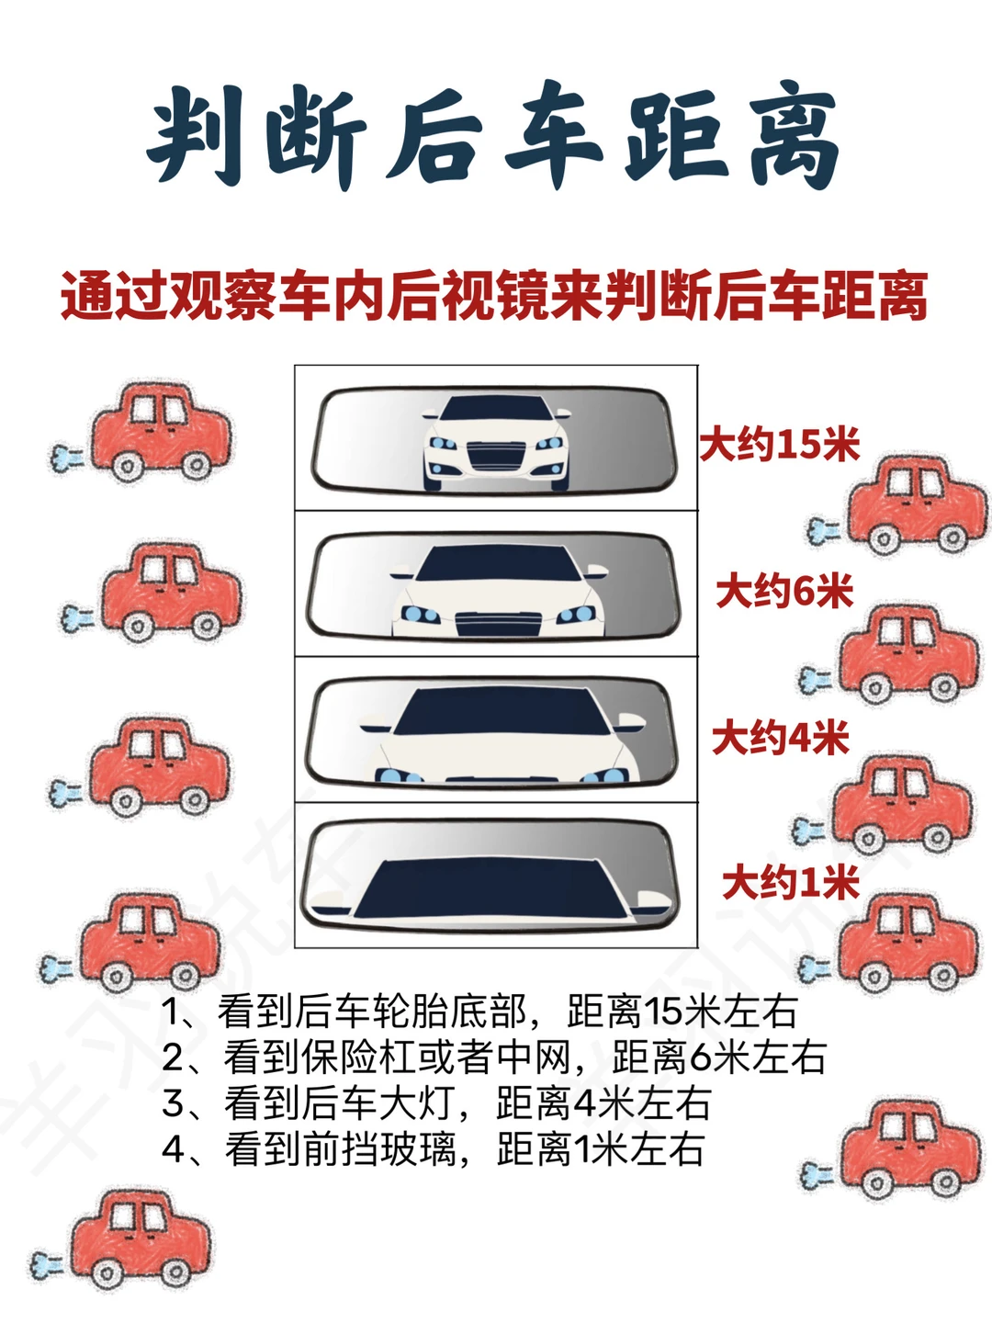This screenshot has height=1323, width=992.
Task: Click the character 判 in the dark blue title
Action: (196, 135)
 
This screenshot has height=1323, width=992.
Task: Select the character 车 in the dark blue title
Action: (554, 135)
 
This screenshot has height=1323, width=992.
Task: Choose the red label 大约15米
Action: (780, 446)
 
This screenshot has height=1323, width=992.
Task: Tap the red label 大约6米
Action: (784, 592)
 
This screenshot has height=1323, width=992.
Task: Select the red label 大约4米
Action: (781, 738)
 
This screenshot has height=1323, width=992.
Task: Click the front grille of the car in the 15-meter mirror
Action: (496, 456)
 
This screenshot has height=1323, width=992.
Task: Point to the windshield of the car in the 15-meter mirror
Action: (496, 408)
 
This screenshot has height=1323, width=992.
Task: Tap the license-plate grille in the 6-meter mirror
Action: (499, 624)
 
